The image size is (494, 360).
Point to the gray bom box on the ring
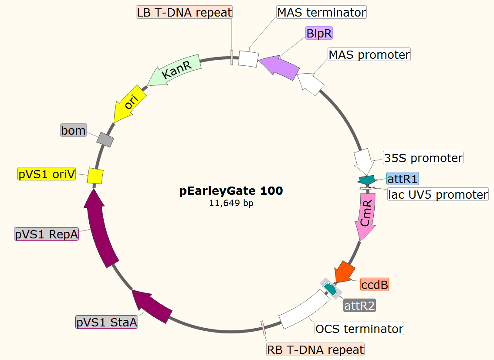coord(105,139)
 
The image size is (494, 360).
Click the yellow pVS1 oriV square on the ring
coord(95,176)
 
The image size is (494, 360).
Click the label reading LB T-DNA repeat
coord(184,12)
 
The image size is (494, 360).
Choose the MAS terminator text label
coord(321,12)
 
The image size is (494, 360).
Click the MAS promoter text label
coord(369,55)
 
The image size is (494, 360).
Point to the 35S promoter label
coord(423,158)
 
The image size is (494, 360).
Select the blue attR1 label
coord(403,179)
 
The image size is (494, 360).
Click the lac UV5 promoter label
coord(438,194)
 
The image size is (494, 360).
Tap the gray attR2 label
coord(359,306)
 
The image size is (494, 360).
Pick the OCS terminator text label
coord(359,328)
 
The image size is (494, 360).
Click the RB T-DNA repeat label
coord(315,350)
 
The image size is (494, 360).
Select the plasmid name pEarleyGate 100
coord(231,190)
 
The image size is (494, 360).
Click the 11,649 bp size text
coord(231,203)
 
